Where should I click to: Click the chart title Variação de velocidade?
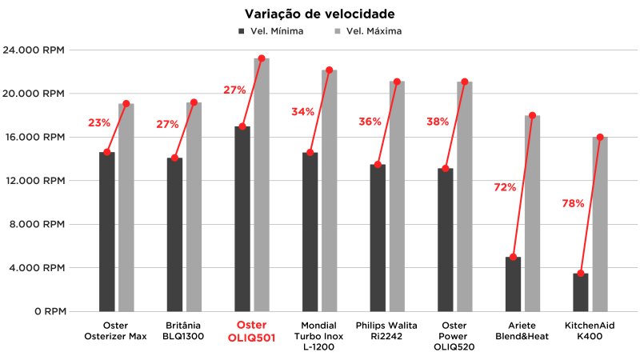click(319, 14)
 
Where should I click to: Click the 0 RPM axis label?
click(51, 311)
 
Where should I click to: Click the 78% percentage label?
click(573, 204)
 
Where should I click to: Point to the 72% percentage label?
click(505, 187)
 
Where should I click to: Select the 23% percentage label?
click(99, 123)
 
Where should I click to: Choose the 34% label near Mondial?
click(303, 112)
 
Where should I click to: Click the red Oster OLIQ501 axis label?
click(252, 332)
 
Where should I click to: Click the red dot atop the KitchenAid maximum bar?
click(600, 138)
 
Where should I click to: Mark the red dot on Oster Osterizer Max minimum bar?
click(107, 153)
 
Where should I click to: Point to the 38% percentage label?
click(438, 122)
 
